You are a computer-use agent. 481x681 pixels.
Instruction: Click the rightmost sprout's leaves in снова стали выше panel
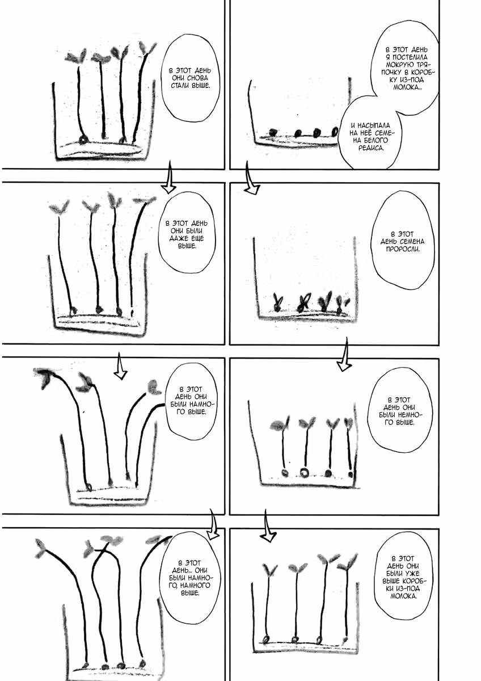[x=147, y=48]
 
